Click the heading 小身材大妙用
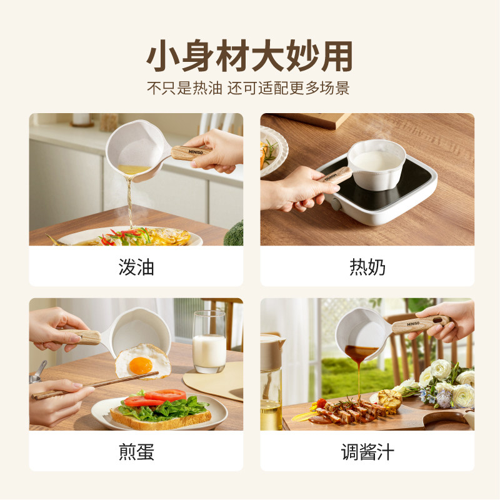pos(249,56)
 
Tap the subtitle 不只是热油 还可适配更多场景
pos(248,88)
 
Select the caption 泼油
pos(136,267)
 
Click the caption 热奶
pos(367,267)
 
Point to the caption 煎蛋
pos(136,452)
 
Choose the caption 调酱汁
pos(367,452)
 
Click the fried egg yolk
pos(141,366)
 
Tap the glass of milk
pos(209,344)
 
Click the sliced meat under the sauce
pos(350,414)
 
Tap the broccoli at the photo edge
pos(234,234)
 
